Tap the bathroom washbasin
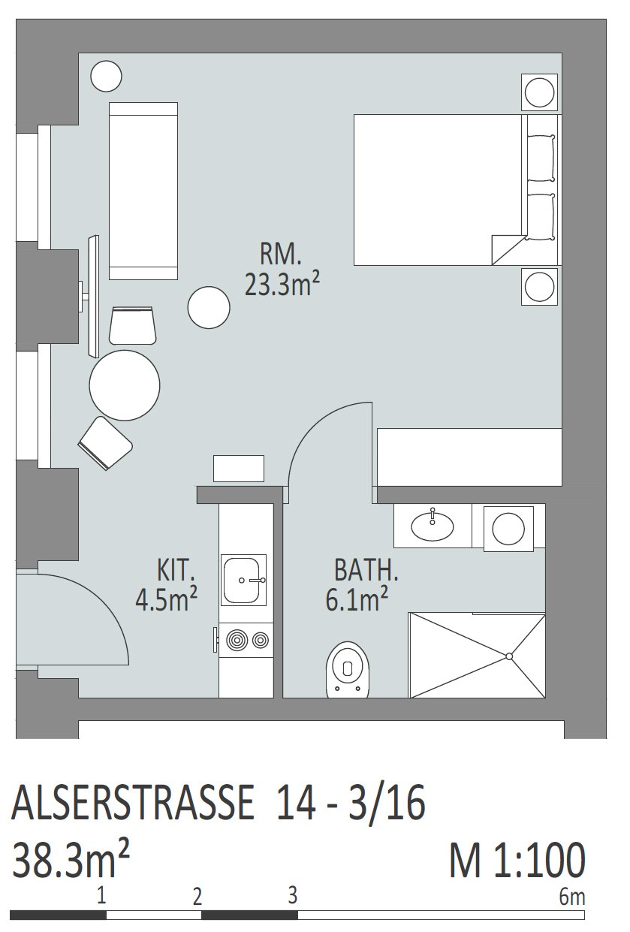[433, 526]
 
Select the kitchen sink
[243, 580]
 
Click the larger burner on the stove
[237, 641]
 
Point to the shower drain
[508, 656]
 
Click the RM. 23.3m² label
[282, 270]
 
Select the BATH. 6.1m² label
[362, 584]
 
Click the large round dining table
[125, 385]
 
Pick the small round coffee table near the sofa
[209, 308]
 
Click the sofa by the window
[143, 191]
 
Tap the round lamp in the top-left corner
[106, 76]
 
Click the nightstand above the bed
[539, 92]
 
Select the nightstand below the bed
[539, 287]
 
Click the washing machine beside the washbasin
[508, 529]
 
